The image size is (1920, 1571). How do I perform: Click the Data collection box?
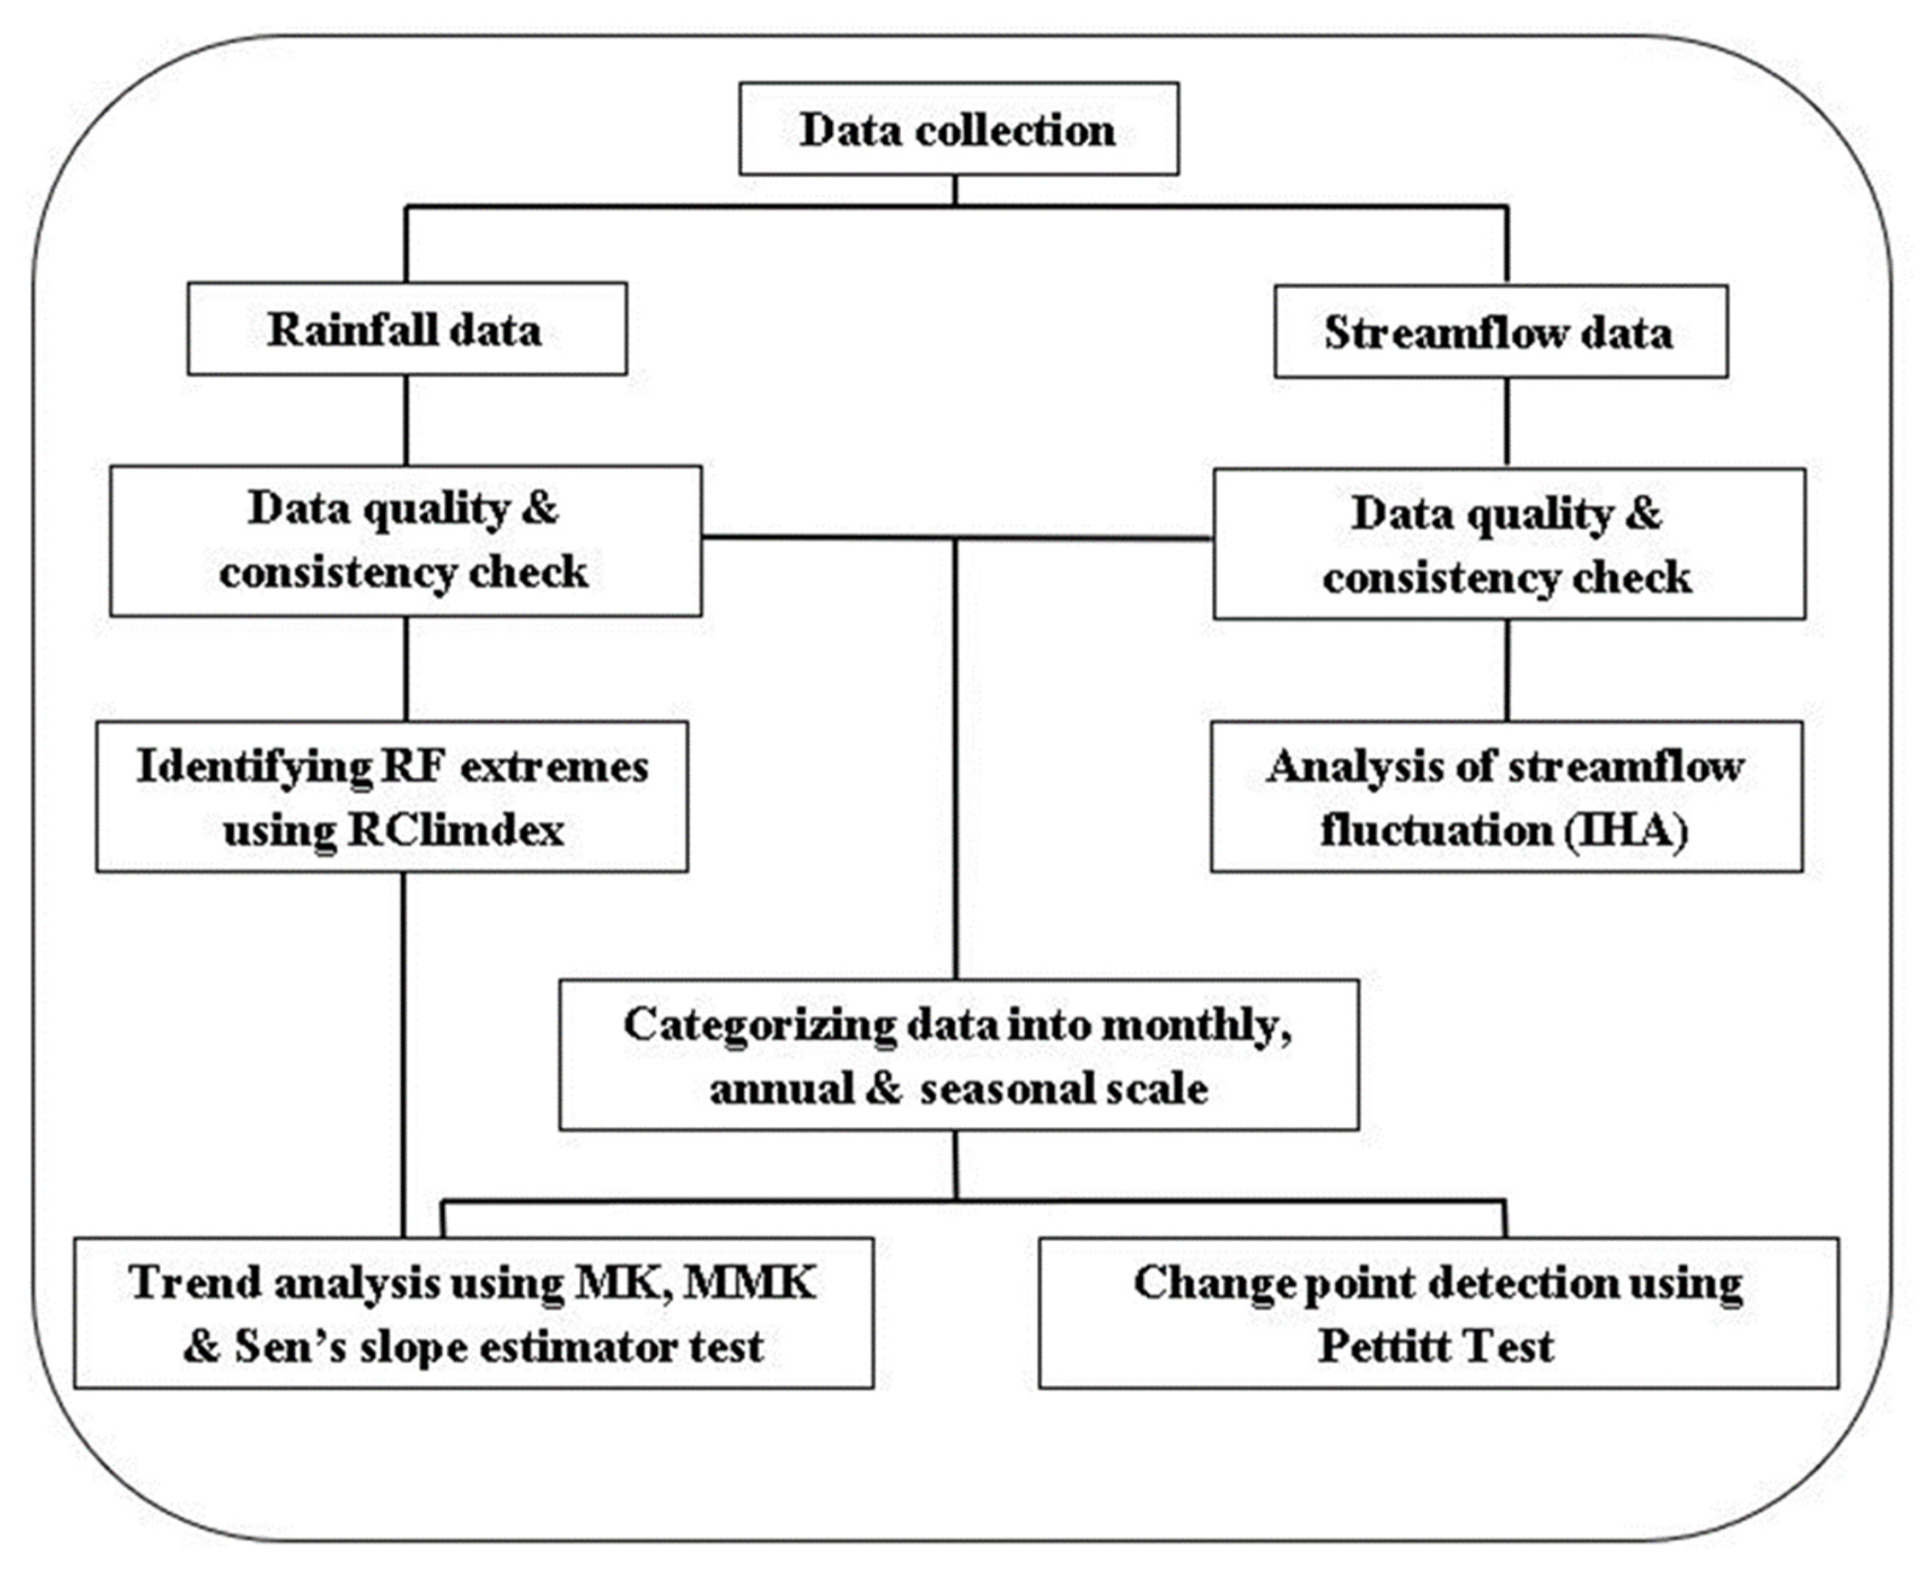958,130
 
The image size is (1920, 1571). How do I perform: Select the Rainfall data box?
406,329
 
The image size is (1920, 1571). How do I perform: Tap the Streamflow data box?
1500,332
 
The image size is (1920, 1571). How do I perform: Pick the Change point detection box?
1438,1313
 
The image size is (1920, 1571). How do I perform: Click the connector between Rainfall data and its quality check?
406,421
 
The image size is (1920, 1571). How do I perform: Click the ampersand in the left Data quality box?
539,509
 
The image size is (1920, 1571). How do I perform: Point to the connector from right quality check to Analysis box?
1507,670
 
